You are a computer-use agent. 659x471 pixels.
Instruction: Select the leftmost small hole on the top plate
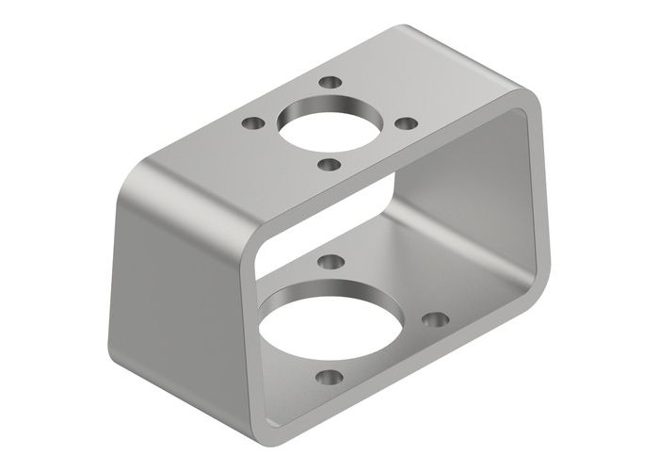pyautogui.click(x=252, y=122)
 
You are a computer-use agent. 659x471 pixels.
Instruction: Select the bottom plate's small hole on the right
pyautogui.click(x=434, y=320)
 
